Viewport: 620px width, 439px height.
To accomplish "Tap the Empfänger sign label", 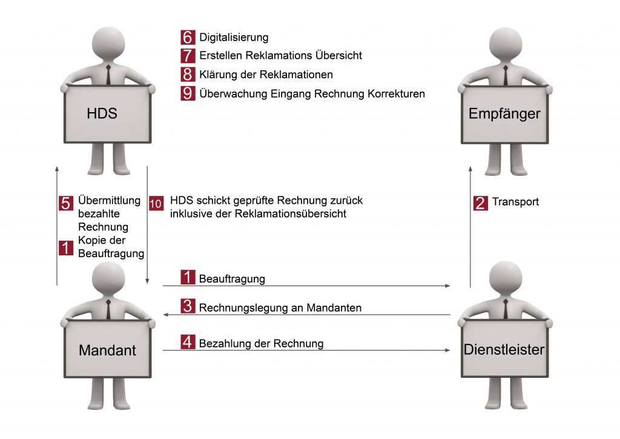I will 504,113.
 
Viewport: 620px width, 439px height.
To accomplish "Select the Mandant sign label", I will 107,350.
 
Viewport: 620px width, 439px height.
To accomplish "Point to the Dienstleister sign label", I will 504,349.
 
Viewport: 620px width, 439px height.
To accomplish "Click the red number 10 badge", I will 156,204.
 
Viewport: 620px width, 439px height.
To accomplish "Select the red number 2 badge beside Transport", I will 480,202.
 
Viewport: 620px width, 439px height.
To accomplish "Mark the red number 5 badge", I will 66,203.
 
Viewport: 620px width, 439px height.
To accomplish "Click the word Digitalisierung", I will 234,38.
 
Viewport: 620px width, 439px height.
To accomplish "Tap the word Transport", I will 515,202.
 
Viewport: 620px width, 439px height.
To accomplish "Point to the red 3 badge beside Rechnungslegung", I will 188,307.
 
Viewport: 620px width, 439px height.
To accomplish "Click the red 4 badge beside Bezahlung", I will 188,343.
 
